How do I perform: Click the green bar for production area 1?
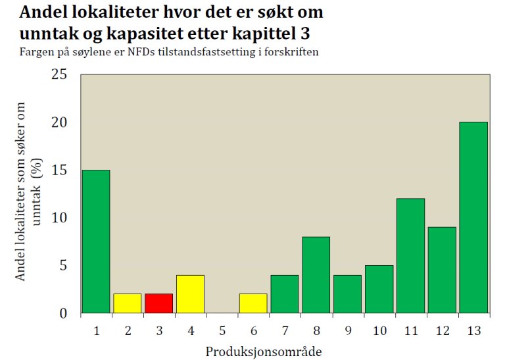[95, 241]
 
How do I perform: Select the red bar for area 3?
[158, 303]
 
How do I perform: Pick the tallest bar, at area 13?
[473, 217]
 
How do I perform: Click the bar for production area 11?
[410, 255]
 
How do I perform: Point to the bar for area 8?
[316, 274]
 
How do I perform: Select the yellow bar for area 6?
[253, 303]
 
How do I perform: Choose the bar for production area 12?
[442, 270]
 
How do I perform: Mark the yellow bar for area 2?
[127, 303]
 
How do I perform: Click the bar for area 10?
[379, 289]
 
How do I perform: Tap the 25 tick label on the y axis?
[60, 74]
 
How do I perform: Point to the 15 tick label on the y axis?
[60, 170]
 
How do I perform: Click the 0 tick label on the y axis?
[64, 313]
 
